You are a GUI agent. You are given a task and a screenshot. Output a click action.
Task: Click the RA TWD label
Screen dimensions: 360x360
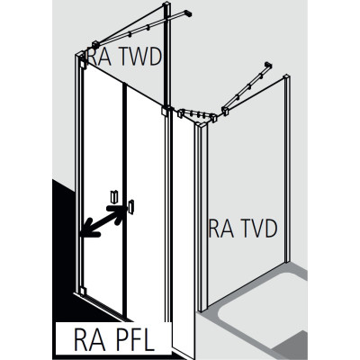124,57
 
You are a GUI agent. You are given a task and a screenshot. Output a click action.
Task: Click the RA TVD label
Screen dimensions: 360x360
243,229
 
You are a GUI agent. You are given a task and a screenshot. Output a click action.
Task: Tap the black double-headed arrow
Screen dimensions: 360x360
103,221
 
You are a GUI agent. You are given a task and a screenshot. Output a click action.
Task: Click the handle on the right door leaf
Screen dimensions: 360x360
130,206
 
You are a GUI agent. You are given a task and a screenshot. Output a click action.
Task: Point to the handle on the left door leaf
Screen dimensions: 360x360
114,196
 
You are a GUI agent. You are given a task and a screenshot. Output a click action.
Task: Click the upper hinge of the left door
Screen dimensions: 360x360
83,64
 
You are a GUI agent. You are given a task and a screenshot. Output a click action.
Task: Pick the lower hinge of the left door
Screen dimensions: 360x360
83,291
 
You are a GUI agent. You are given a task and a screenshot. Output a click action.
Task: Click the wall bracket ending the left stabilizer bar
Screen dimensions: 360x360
187,13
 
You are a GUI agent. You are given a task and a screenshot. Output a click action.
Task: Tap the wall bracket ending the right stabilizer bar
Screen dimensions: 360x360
268,65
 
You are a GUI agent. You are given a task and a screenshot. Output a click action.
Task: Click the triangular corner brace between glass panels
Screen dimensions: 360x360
197,116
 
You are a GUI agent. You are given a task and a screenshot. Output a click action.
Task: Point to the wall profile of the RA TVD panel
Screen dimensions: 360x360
288,168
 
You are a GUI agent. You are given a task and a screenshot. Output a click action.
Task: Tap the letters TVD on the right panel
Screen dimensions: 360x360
257,229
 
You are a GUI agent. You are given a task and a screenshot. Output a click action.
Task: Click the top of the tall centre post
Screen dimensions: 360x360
166,4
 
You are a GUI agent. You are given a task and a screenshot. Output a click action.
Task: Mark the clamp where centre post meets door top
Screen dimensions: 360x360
166,111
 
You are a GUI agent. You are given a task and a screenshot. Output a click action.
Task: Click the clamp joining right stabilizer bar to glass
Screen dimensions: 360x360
226,111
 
